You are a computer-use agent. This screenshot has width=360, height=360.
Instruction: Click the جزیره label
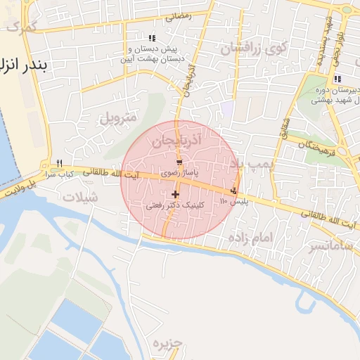[x=167, y=343]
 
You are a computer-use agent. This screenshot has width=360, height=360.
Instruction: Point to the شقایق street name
[x=285, y=127]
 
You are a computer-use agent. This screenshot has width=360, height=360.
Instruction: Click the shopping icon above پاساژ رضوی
[x=181, y=162]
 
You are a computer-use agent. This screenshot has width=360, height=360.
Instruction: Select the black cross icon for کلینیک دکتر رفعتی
[x=174, y=193]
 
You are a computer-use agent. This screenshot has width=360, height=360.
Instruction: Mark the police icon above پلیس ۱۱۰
[x=234, y=191]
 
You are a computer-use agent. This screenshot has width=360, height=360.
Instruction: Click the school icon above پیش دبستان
[x=151, y=38]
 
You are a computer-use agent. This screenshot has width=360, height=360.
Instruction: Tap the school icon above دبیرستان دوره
[x=337, y=79]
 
